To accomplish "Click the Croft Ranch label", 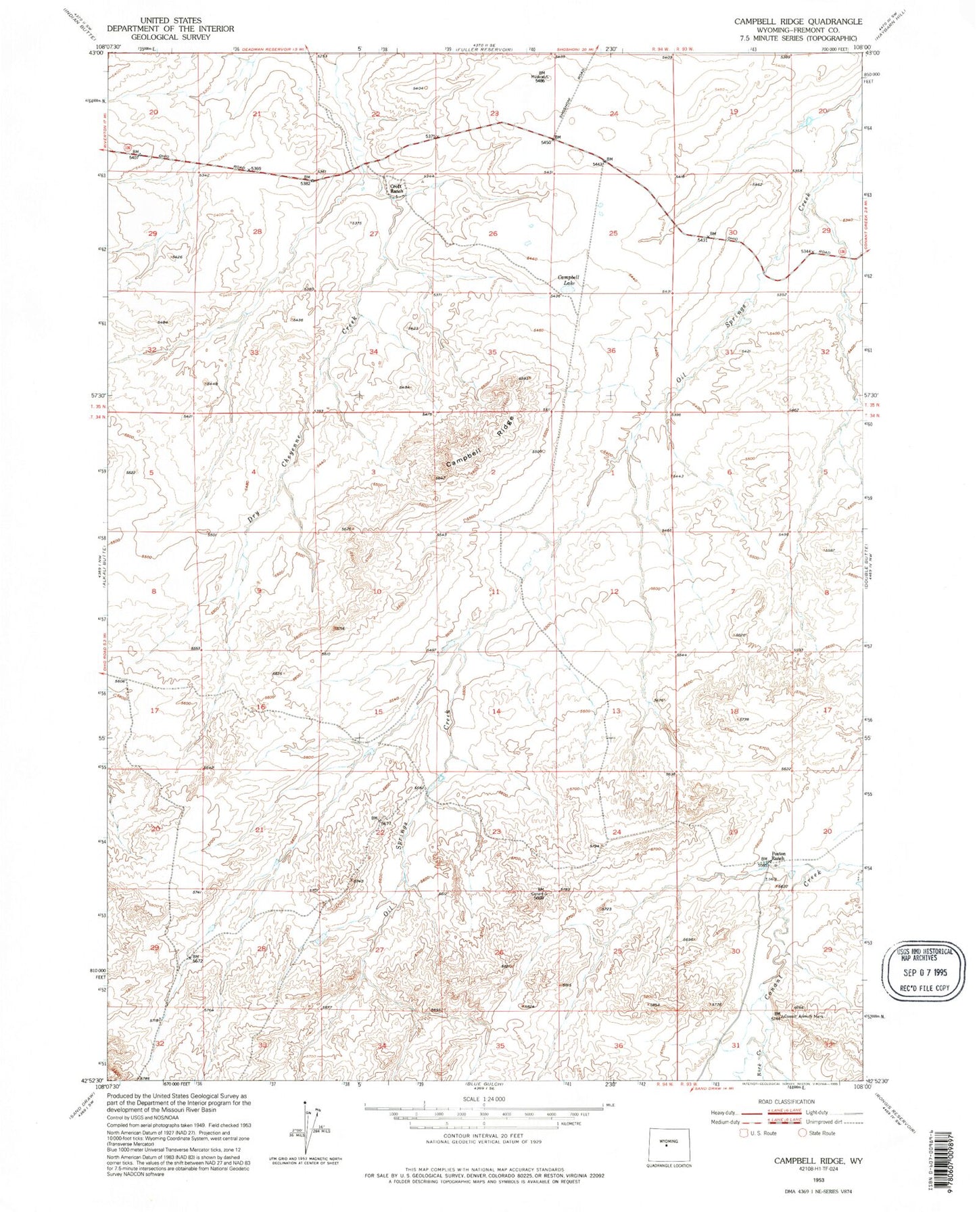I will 396,189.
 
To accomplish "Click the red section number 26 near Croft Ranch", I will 493,234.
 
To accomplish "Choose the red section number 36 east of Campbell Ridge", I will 611,350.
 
